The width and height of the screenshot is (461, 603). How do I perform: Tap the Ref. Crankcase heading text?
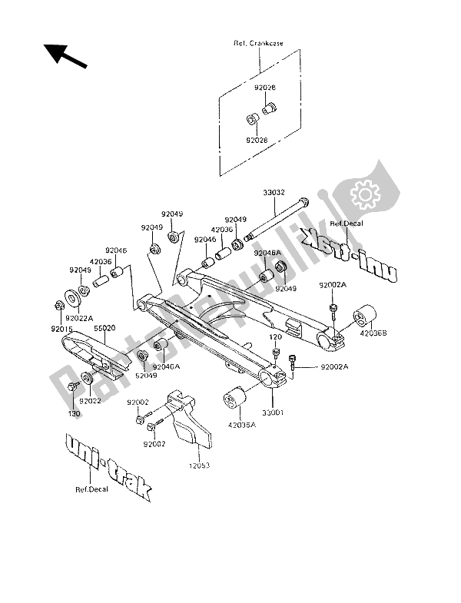click(x=257, y=44)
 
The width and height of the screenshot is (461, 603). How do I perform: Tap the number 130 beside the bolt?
click(x=74, y=413)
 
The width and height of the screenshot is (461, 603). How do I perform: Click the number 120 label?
click(x=274, y=336)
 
